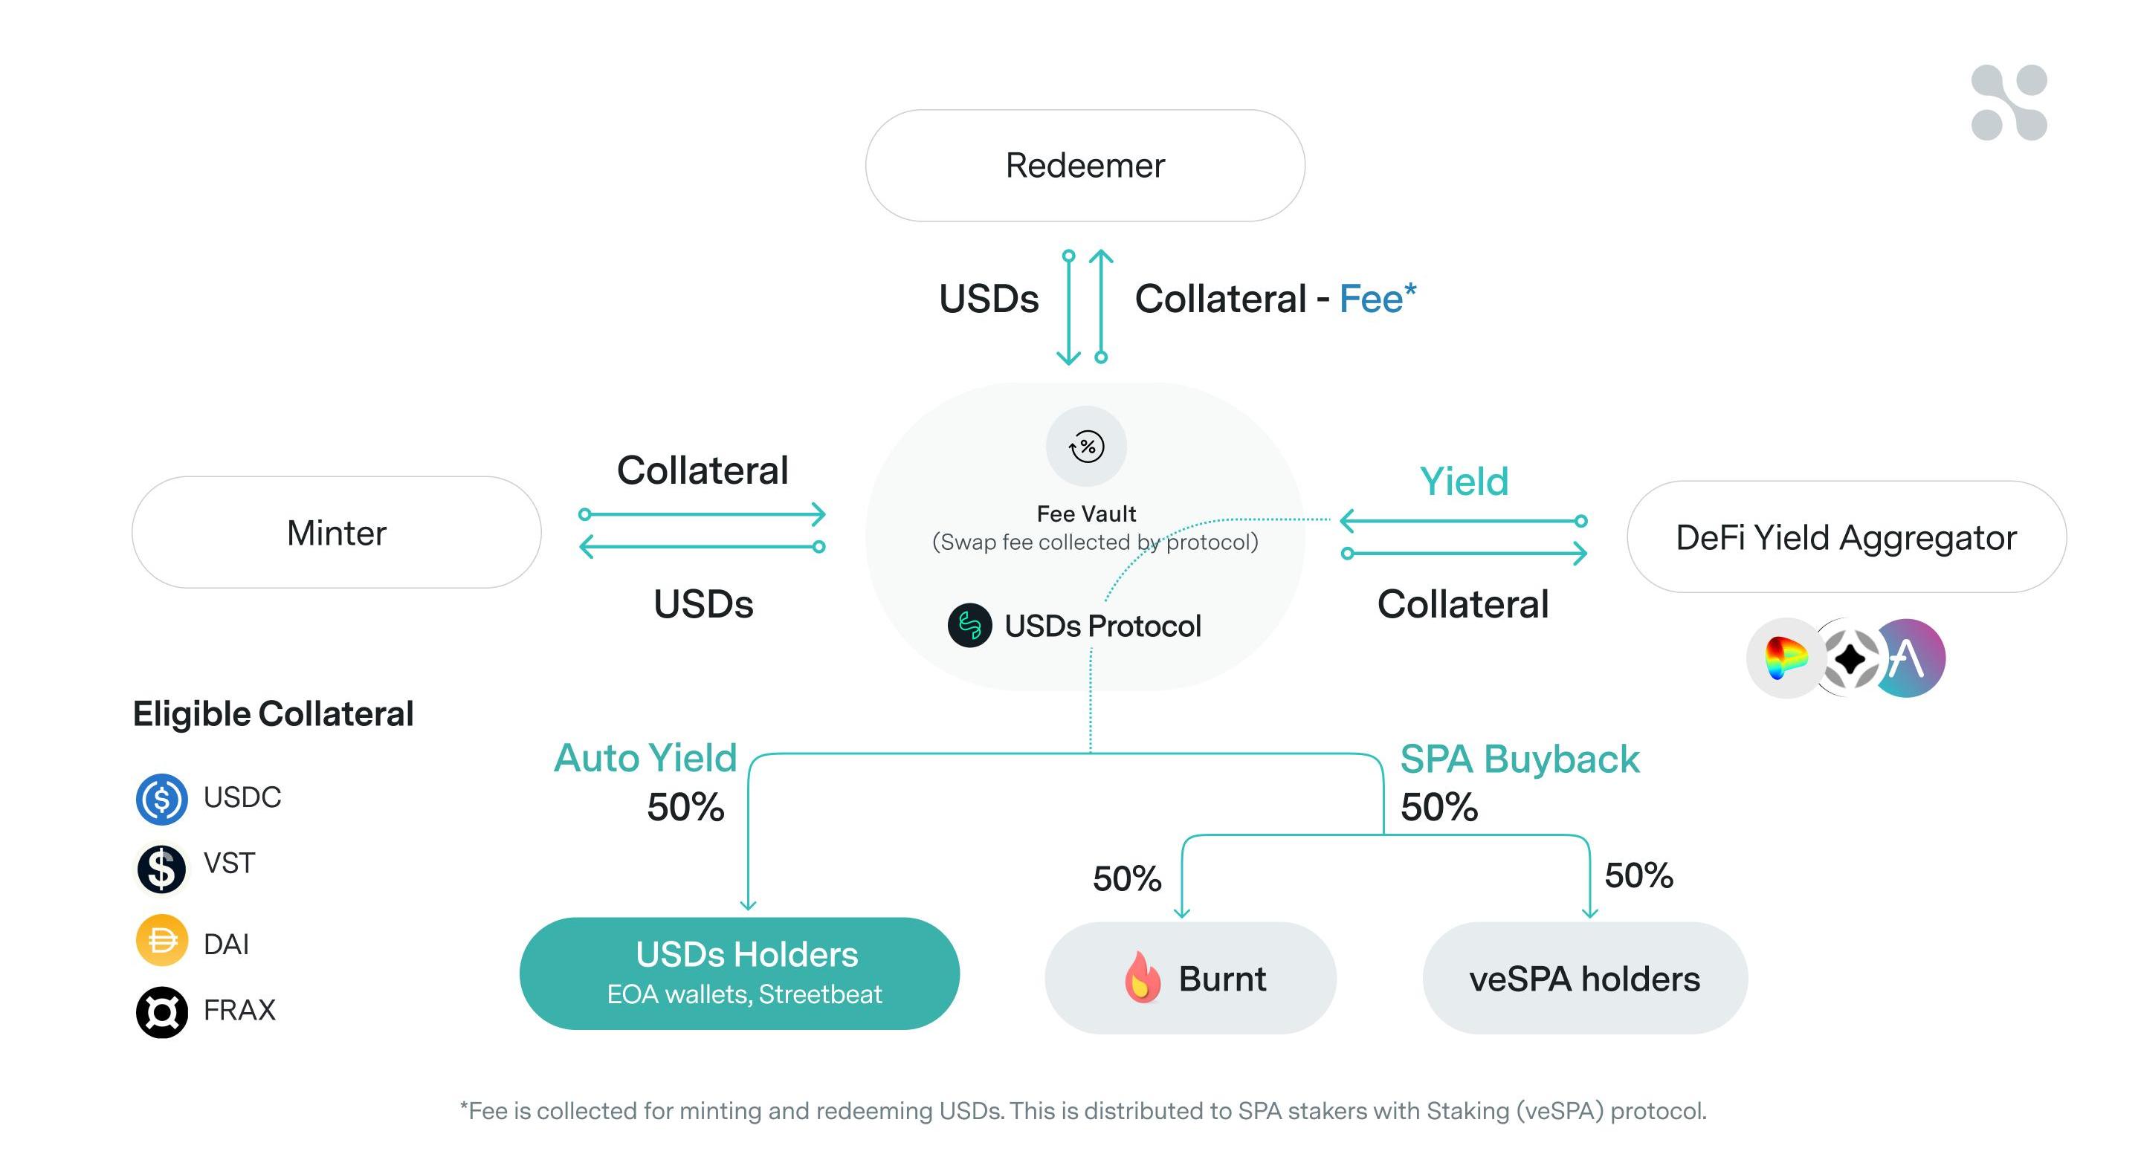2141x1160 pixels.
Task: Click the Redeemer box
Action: point(1085,166)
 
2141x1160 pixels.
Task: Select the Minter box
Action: point(337,533)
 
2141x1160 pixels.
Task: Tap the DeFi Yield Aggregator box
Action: point(1846,537)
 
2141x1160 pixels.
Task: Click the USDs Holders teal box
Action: point(739,973)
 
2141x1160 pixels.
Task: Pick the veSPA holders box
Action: point(1584,978)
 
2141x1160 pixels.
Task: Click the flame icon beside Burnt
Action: point(1142,977)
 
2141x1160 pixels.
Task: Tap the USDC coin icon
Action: point(161,799)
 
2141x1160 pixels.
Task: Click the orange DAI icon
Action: point(161,941)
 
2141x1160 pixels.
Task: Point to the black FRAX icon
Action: point(161,1011)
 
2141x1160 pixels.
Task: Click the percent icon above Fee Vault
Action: point(1086,446)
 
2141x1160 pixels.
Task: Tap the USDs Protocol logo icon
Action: point(969,625)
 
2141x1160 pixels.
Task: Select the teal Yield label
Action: point(1464,481)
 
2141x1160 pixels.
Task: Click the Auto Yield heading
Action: point(645,758)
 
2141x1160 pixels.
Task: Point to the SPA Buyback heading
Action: point(1520,759)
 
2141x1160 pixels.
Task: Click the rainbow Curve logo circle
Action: point(1785,658)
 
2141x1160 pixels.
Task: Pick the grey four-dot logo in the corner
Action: point(2009,103)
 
